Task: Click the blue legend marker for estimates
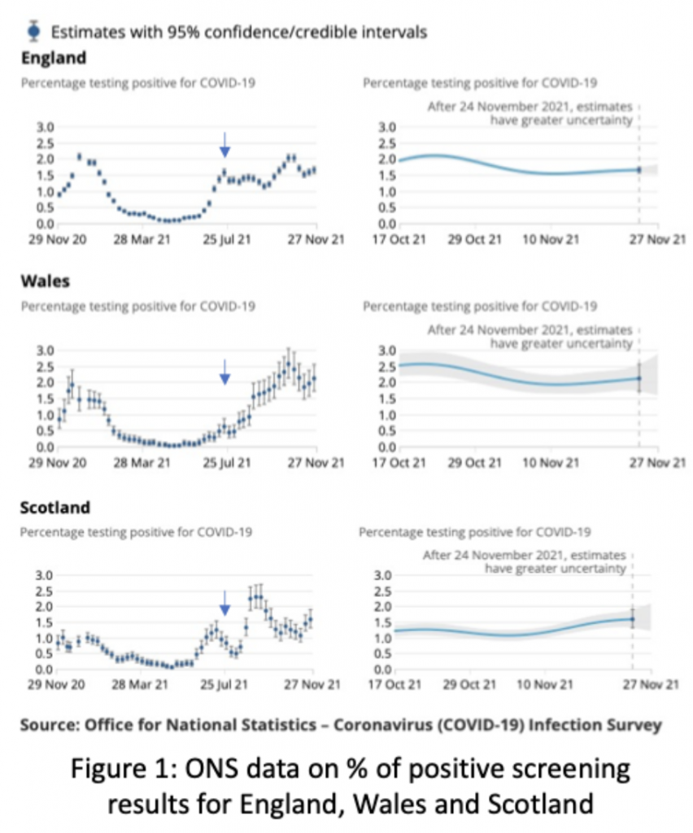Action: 33,32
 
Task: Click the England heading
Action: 54,58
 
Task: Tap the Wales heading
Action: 46,281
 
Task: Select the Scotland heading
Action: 55,508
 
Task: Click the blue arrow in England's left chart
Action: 225,145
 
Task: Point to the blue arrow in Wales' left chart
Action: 225,371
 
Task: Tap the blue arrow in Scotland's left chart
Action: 225,603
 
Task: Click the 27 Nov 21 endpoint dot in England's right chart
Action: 639,170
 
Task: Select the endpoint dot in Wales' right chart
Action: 639,378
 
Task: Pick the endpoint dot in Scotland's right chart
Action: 633,619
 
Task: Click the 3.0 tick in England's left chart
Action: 45,127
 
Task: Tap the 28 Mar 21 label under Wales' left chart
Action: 142,463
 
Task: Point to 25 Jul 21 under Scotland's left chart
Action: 224,684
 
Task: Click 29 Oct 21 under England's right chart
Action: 474,240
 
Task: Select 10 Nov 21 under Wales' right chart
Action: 551,463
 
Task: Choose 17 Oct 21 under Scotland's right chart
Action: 394,684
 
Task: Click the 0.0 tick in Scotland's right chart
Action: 383,669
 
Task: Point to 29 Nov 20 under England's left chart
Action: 58,240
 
